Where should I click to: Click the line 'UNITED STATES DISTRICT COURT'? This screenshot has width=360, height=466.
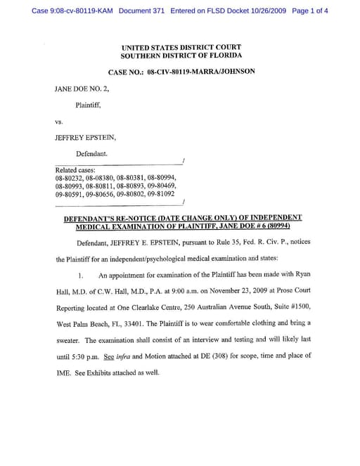[181, 47]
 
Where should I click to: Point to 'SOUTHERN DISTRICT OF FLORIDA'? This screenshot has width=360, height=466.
[181, 56]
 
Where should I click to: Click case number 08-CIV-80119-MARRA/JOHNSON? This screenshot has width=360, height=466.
[201, 72]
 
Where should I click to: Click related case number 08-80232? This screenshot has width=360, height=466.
[69, 178]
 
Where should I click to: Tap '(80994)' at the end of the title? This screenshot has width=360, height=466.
[266, 226]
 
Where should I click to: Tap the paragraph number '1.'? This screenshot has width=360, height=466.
[82, 276]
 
